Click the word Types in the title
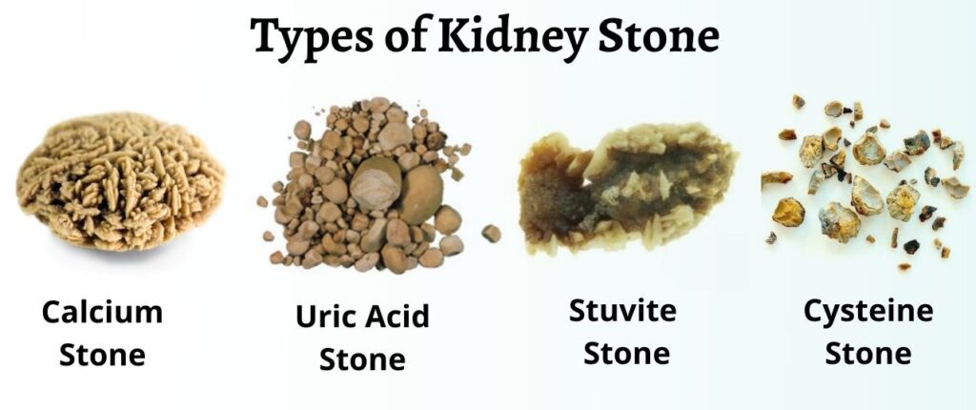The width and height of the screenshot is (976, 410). coord(312,36)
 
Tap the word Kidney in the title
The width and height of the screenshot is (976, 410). coord(512,36)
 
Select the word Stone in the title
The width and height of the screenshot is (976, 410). coord(658,35)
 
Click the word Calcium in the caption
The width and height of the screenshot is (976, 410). coord(102,312)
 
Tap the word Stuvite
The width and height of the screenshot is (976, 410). coord(622,310)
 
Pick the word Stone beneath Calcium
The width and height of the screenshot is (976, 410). coord(102,354)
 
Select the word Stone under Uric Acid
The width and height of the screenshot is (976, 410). coord(362,359)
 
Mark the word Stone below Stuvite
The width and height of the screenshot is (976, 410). coord(627,354)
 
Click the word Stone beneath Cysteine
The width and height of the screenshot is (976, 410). coord(867,354)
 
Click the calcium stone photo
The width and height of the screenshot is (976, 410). coord(120,181)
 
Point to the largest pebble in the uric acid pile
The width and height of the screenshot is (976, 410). coord(420,194)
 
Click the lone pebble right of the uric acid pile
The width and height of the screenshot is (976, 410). coord(491,233)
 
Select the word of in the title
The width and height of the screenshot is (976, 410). coord(405,35)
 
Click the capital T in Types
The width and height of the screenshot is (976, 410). coord(268,36)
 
